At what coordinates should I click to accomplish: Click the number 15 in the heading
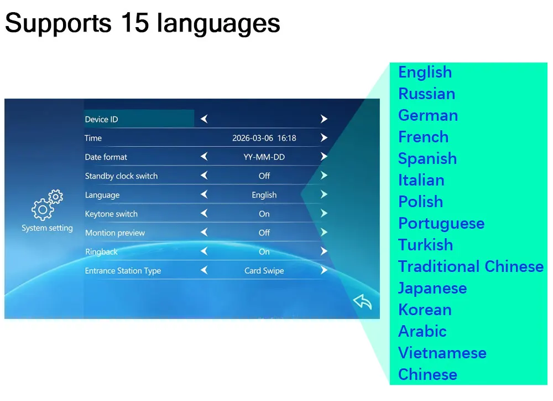[x=133, y=23]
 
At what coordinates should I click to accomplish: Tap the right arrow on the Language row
[x=324, y=194]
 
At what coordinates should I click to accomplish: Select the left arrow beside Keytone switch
[x=204, y=213]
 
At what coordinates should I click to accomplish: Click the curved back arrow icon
[x=363, y=302]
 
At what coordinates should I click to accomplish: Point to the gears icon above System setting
[x=47, y=205]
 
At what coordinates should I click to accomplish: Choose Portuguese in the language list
[x=441, y=224]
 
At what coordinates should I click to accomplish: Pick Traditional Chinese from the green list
[x=471, y=266]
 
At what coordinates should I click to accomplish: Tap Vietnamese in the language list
[x=442, y=353]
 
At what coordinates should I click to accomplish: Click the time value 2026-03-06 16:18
[x=264, y=138]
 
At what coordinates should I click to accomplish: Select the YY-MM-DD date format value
[x=264, y=157]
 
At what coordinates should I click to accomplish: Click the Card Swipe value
[x=264, y=271]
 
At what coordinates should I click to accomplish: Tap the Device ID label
[x=102, y=120]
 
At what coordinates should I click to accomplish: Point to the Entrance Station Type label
[x=123, y=271]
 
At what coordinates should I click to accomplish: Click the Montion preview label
[x=115, y=233]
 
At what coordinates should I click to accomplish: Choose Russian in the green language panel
[x=427, y=94]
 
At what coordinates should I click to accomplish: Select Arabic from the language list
[x=422, y=331]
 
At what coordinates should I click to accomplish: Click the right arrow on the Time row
[x=324, y=137]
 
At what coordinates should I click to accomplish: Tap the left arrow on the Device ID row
[x=204, y=119]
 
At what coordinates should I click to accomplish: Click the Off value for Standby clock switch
[x=264, y=176]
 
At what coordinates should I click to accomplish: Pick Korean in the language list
[x=425, y=310]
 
